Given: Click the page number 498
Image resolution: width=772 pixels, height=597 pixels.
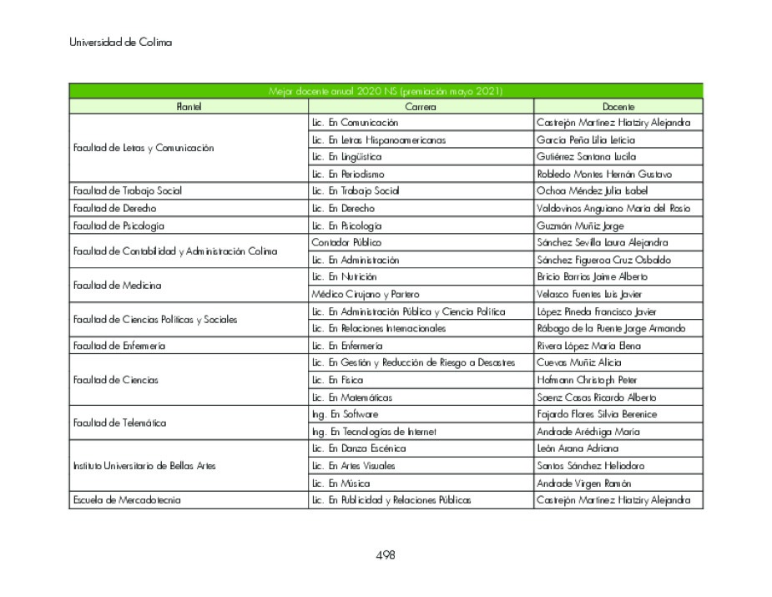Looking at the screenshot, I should click(385, 555).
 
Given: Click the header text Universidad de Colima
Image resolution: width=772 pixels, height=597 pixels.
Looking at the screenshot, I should click(120, 43).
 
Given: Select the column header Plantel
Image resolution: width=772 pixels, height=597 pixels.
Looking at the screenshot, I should click(189, 107).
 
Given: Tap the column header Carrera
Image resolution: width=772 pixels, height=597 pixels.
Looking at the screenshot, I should click(421, 107).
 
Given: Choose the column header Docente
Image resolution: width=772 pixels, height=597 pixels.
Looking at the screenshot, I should click(618, 107).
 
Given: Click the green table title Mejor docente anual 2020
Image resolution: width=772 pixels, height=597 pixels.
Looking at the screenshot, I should click(386, 91).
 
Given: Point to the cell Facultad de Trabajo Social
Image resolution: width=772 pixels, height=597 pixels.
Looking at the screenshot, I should click(127, 191).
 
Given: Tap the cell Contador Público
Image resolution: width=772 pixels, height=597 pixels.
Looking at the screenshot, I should click(346, 243).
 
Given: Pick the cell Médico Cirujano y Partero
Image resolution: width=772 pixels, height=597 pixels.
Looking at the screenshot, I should click(366, 294).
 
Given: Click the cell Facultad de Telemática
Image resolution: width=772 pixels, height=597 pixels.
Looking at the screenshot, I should click(119, 423).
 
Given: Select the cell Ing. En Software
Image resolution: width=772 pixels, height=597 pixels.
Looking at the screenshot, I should click(345, 414).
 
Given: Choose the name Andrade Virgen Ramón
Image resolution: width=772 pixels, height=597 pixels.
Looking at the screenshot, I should click(584, 483).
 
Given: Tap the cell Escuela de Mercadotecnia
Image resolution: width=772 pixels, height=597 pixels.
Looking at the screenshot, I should click(127, 500).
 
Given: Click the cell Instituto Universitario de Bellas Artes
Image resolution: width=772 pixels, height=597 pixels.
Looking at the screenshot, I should click(144, 466).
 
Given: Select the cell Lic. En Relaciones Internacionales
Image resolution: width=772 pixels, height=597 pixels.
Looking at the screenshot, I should click(379, 328).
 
